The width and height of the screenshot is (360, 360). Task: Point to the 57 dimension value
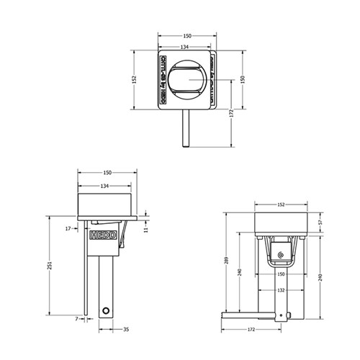coord(322,224)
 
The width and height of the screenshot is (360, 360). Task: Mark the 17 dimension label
coord(67,228)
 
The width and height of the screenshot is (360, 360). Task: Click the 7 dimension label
coord(75,318)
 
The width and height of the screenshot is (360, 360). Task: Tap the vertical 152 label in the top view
coord(135,80)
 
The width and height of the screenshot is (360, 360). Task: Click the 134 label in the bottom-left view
coord(105,186)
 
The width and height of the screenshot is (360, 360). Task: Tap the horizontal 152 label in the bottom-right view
coord(282,204)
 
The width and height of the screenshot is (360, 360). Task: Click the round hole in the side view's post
coord(107,310)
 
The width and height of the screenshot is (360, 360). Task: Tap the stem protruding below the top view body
coord(186,127)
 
